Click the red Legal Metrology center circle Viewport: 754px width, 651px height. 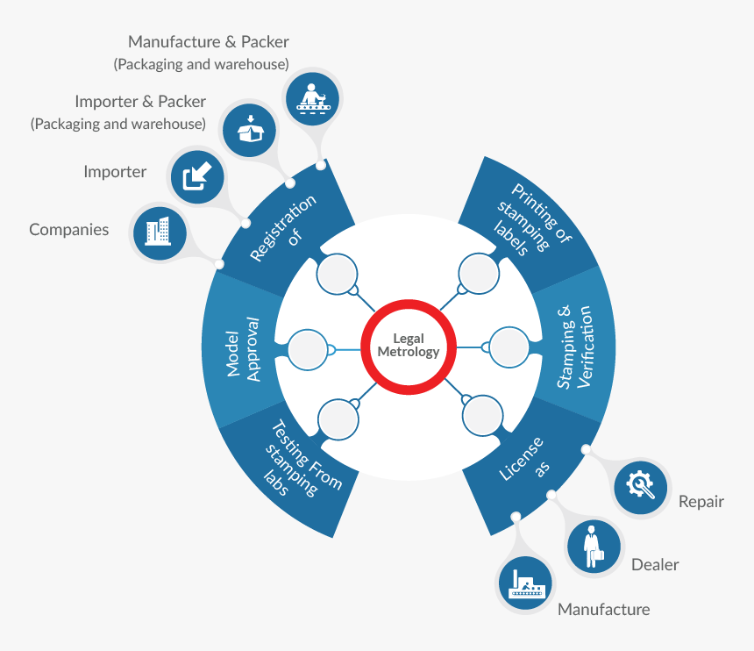(408, 345)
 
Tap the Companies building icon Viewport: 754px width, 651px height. (158, 232)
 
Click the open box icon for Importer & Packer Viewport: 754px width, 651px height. (250, 129)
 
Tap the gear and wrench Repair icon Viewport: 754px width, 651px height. (641, 484)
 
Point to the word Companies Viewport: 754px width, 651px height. (69, 230)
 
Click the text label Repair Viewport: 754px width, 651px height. (701, 502)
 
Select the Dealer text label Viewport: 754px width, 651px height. (655, 565)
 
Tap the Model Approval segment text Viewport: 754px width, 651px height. (244, 348)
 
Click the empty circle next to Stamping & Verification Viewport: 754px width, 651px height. (509, 347)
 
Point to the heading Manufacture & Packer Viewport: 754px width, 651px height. (208, 41)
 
